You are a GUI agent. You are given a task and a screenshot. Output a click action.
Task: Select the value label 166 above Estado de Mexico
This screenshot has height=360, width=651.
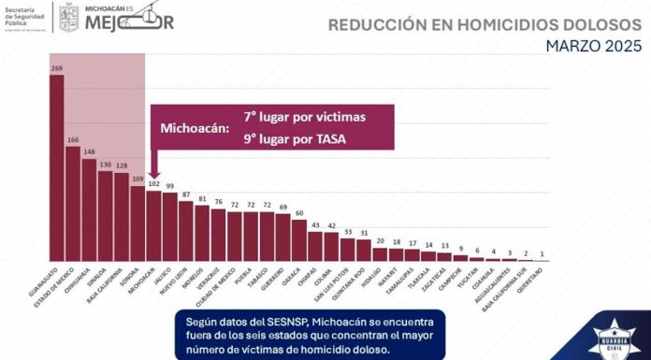73,140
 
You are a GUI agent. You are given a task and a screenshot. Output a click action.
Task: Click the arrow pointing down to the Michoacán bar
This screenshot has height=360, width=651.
153,164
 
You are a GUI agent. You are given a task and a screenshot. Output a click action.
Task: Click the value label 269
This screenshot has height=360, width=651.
57,68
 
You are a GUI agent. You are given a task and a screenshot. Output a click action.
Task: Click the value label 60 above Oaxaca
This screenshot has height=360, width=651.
299,213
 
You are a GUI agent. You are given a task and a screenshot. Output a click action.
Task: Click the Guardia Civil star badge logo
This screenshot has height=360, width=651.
608,335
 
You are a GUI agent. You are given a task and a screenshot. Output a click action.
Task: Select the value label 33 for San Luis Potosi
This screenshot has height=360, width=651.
348,232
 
